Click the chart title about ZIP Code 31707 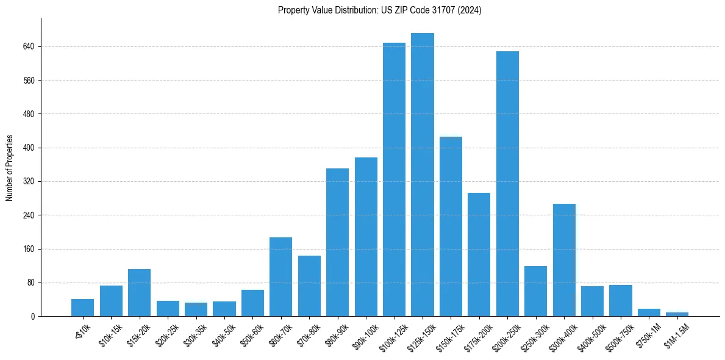(379, 10)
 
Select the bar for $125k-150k (423, 175)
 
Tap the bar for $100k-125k (394, 179)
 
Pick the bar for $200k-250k (507, 184)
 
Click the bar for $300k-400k (564, 260)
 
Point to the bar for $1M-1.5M (677, 314)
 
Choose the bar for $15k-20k (139, 293)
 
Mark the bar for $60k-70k (280, 277)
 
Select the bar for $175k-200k (479, 254)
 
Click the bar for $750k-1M (649, 312)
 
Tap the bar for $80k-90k (337, 242)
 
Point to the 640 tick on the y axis (29, 46)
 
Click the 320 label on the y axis (29, 182)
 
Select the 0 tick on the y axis (34, 317)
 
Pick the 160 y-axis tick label (29, 250)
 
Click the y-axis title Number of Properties (10, 168)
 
